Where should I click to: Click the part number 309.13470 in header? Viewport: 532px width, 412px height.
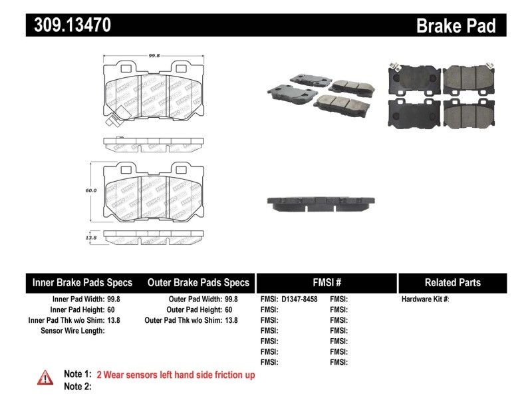(x=68, y=25)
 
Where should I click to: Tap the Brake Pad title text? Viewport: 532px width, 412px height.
(x=456, y=26)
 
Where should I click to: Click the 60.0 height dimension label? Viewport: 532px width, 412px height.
(x=91, y=190)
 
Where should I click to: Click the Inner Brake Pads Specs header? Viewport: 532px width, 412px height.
(x=82, y=282)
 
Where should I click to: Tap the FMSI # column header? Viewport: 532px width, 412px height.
(x=327, y=282)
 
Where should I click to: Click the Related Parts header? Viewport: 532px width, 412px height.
(x=452, y=282)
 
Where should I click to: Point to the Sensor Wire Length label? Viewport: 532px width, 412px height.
(x=72, y=331)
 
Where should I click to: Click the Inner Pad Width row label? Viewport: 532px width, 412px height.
(x=78, y=300)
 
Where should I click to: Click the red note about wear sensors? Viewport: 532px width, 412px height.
(x=176, y=375)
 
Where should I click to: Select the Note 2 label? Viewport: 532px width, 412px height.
(x=77, y=386)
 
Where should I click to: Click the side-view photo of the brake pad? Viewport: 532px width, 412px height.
(x=321, y=203)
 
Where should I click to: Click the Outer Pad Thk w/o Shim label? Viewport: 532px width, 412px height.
(x=183, y=320)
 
